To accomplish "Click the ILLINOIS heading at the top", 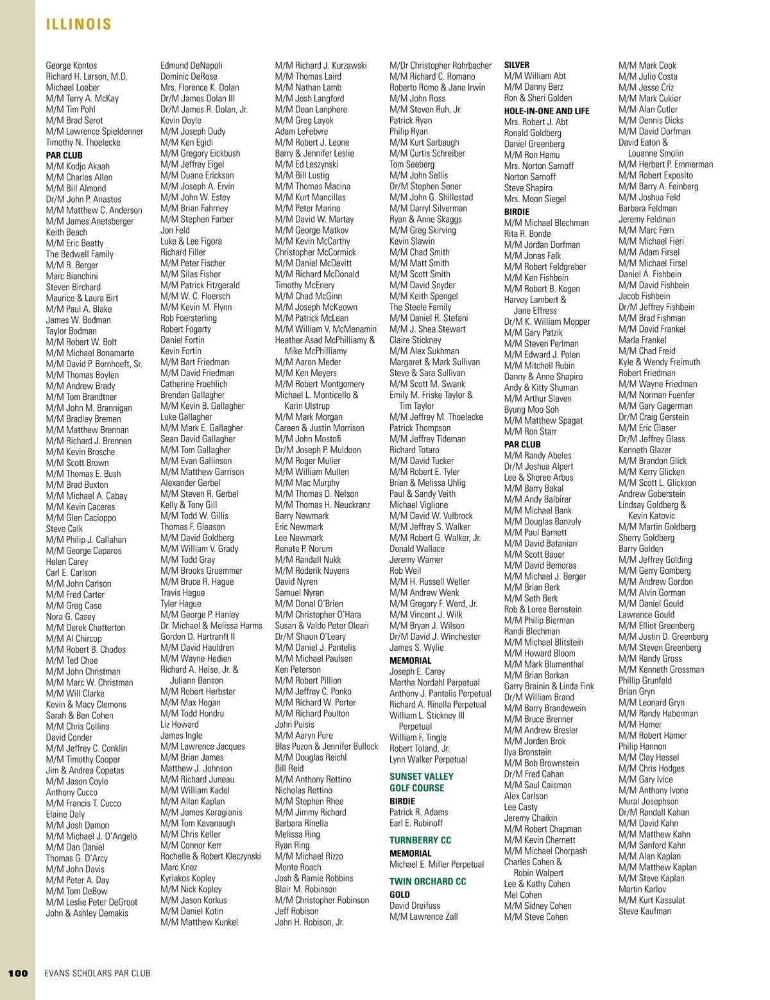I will (78, 24).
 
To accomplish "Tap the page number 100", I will (18, 973).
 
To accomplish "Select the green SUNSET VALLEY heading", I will (421, 777).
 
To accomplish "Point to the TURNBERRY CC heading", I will (420, 840).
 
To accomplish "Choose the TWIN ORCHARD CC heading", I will (427, 882).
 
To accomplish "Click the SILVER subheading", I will (517, 65).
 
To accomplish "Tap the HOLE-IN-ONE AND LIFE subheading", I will (547, 111).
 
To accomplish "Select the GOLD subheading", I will (400, 895).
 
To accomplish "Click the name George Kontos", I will (71, 65).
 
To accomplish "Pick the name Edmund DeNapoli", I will (191, 65).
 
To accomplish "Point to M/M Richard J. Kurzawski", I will (321, 65).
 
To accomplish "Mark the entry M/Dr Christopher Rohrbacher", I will (440, 65).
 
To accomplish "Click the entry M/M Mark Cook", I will (647, 65).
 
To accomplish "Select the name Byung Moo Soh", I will (531, 409).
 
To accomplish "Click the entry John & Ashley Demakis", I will (87, 913).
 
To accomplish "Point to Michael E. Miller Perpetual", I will (436, 865).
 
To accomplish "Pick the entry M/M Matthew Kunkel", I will (199, 922).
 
